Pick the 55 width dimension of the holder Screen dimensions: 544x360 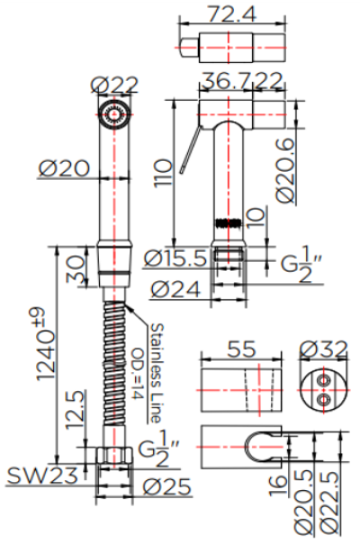238,348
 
